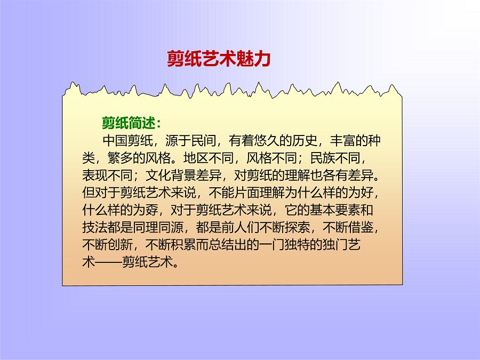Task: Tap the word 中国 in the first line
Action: click(115, 141)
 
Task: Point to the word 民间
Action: click(204, 141)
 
